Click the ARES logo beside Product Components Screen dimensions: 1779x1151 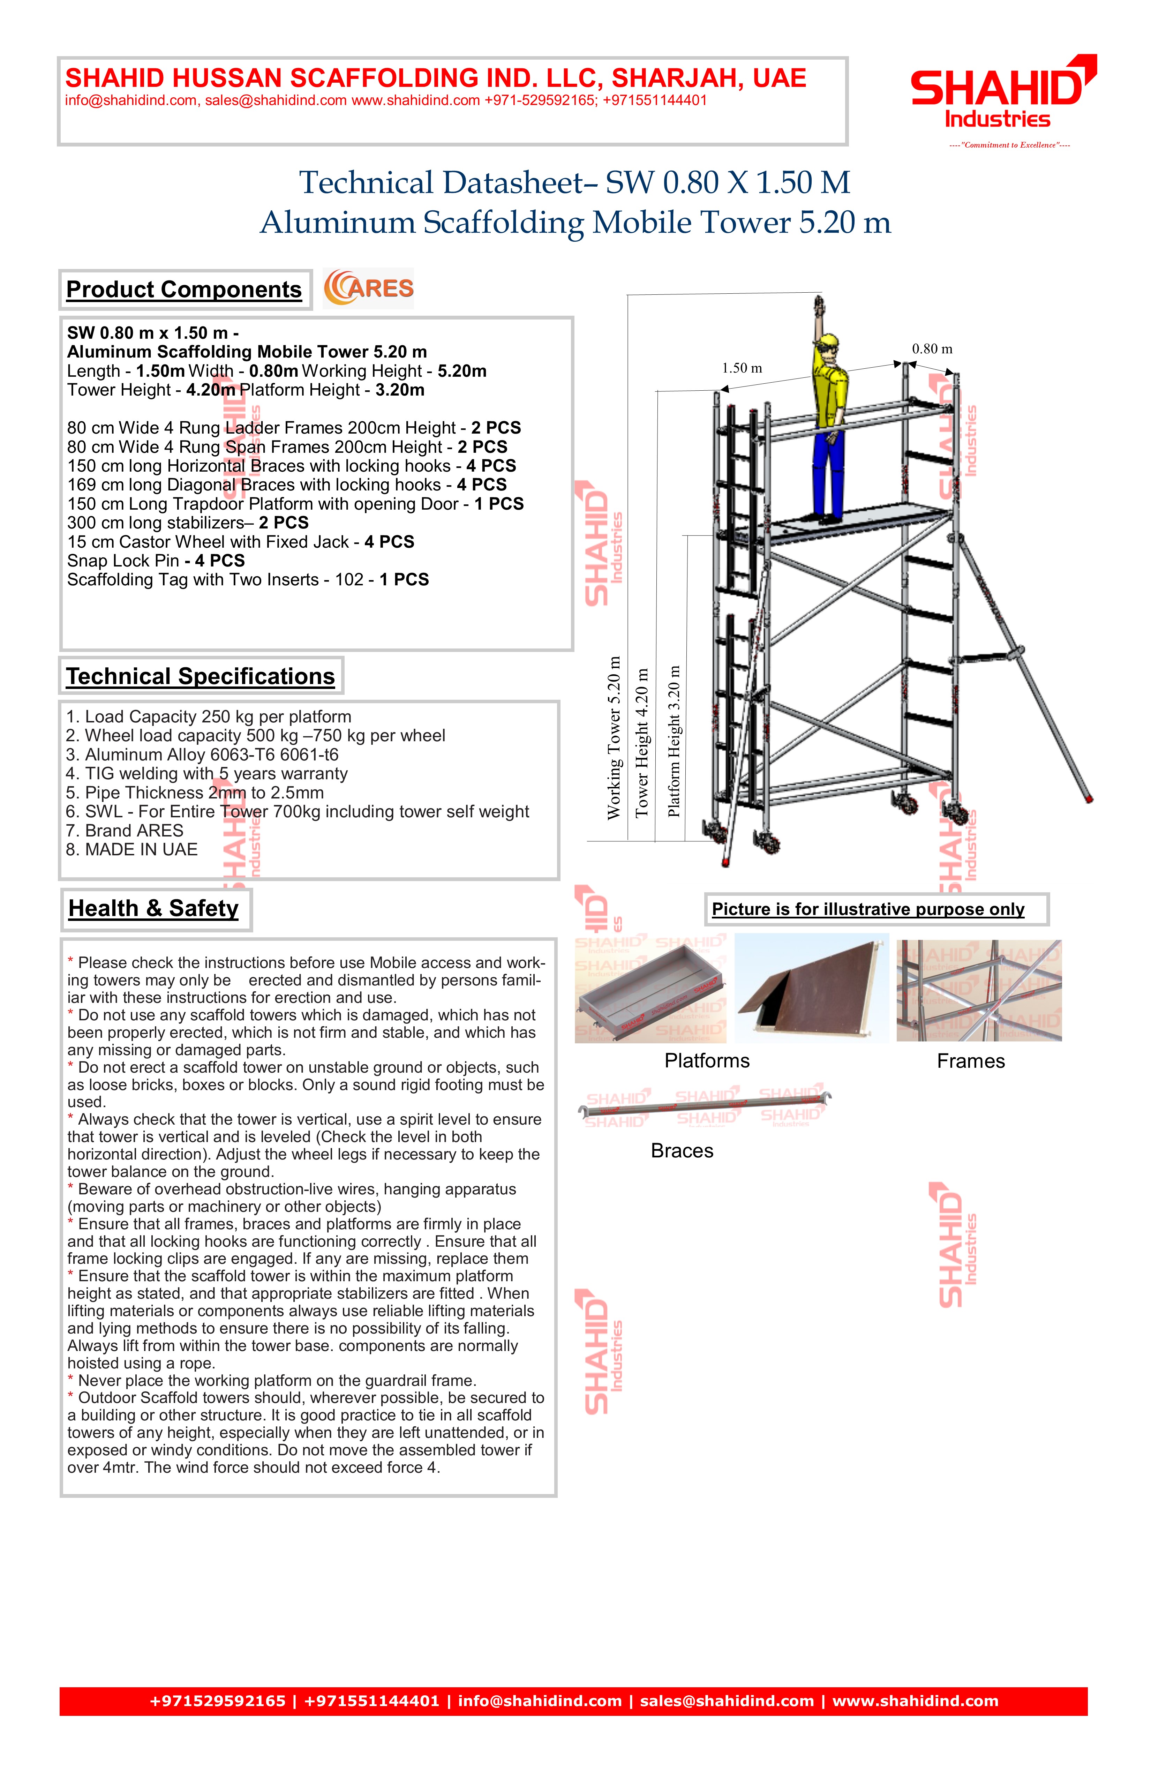pyautogui.click(x=368, y=288)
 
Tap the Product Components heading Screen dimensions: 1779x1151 pyautogui.click(x=184, y=290)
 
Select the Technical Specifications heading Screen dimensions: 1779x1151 pyautogui.click(x=200, y=676)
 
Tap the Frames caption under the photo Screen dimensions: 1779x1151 pyautogui.click(x=971, y=1061)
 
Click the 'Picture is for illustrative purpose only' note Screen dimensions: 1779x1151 pyautogui.click(x=868, y=910)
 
